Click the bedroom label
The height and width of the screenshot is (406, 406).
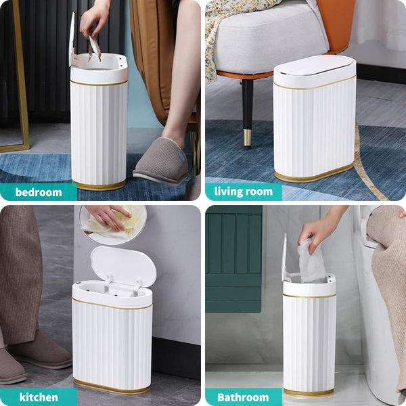coord(38,192)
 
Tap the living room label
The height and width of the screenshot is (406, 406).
coord(243,191)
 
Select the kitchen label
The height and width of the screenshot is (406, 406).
coord(38,397)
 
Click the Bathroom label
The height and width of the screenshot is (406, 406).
coord(243,397)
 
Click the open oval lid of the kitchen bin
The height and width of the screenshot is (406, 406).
coord(123,265)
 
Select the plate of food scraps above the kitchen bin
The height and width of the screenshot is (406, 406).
coord(114,223)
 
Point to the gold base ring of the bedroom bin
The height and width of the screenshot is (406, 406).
coord(99,185)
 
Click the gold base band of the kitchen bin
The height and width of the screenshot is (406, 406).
coord(112,387)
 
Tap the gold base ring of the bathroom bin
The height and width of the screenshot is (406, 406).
coord(309,392)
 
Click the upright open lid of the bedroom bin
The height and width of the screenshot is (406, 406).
coord(72,39)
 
